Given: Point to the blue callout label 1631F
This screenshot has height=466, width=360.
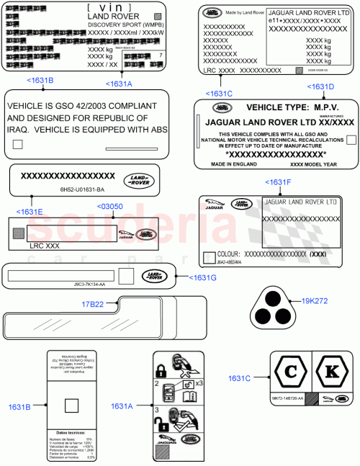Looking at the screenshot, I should [279, 182].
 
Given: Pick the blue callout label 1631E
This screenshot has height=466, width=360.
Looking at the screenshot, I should [30, 212].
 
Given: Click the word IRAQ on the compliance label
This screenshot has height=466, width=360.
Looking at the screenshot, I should [22, 130].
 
